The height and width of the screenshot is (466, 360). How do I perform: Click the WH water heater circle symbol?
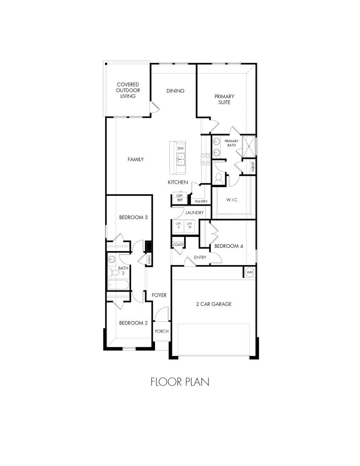click(x=249, y=272)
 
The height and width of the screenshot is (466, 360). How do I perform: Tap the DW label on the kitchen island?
click(x=180, y=149)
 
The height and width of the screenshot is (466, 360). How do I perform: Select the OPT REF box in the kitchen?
click(x=180, y=198)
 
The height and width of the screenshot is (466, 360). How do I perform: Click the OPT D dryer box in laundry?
click(x=178, y=225)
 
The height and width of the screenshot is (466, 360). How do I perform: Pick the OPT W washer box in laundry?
click(x=190, y=225)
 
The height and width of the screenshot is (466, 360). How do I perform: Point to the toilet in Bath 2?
click(x=111, y=272)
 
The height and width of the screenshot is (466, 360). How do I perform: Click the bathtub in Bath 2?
click(x=119, y=284)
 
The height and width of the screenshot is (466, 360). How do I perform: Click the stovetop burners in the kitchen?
click(x=205, y=159)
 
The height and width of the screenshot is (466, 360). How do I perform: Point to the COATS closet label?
click(x=178, y=245)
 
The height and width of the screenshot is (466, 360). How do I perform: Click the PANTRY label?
click(x=201, y=201)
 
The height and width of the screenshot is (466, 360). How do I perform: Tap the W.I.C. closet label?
click(x=233, y=200)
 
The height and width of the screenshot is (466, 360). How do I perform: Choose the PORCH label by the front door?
click(x=162, y=331)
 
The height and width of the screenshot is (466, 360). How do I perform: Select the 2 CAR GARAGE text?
click(x=213, y=304)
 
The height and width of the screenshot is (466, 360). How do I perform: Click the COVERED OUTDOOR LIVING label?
click(x=127, y=90)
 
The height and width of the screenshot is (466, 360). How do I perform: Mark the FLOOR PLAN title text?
click(x=180, y=382)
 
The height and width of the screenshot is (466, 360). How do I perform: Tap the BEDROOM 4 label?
click(x=229, y=246)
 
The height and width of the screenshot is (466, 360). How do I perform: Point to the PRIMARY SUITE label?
click(x=224, y=100)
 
